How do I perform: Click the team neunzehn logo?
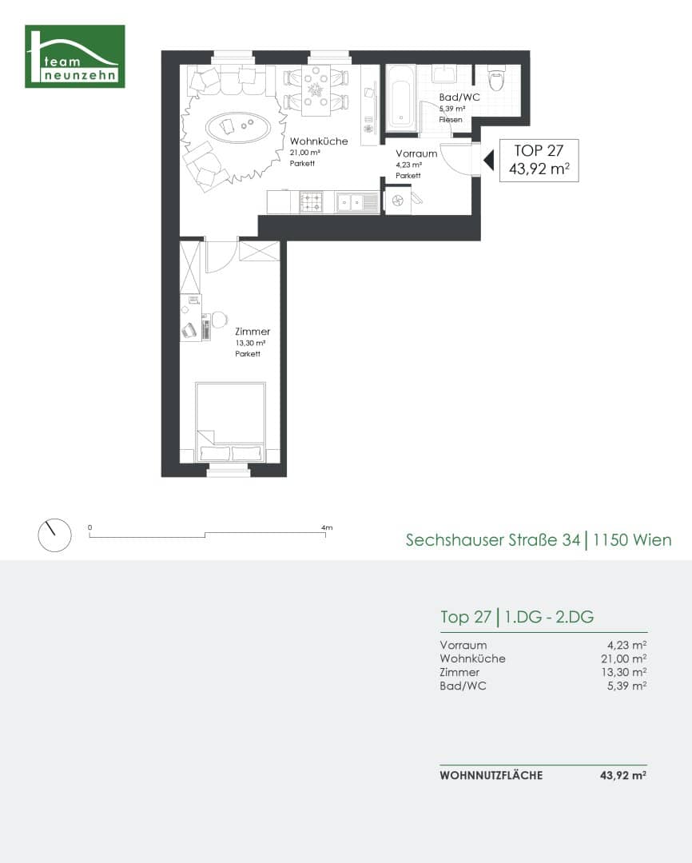point(75,56)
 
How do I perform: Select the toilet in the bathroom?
point(496,79)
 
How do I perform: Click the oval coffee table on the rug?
point(238,127)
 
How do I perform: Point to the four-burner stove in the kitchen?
point(312,202)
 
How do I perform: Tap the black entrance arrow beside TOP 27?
point(488,161)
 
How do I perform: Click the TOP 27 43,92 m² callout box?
point(539,160)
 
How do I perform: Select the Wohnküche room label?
point(319,141)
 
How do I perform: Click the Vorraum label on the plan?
point(416,153)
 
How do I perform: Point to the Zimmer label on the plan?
point(253,332)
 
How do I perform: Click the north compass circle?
point(54,535)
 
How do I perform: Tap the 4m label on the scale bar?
point(327,527)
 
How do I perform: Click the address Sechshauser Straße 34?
point(493,540)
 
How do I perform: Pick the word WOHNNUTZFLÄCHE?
point(491,775)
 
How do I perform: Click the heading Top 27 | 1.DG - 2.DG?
point(517,617)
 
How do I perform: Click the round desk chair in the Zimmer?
point(220,319)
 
